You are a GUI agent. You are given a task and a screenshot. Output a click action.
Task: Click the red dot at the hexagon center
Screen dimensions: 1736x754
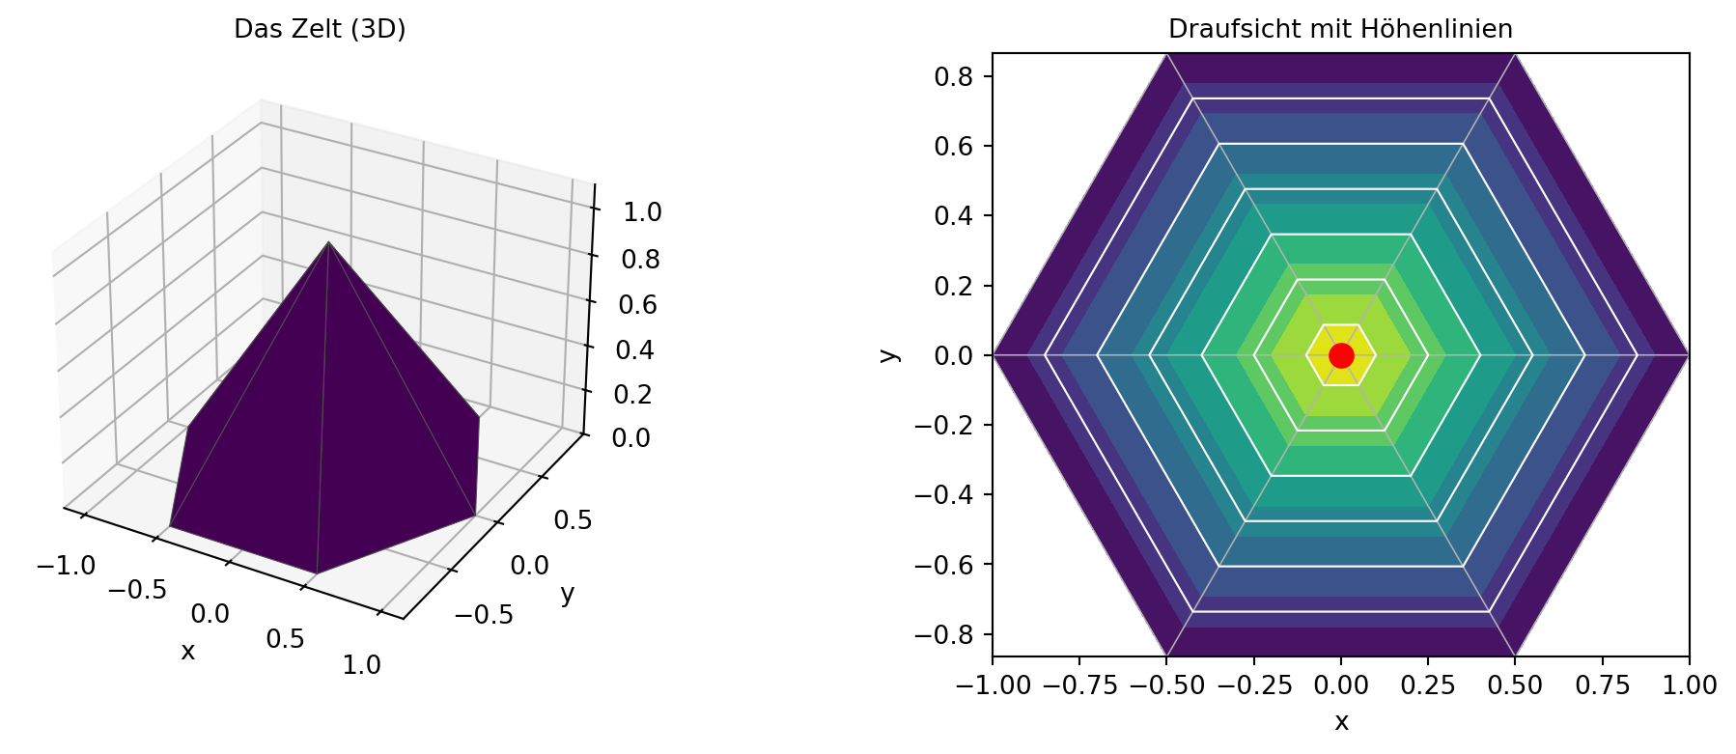[x=1341, y=355]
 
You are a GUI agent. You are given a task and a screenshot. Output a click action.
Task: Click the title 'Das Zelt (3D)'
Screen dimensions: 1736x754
[x=320, y=30]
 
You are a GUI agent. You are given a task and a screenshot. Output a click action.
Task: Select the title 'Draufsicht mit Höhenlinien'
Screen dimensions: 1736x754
[x=1340, y=30]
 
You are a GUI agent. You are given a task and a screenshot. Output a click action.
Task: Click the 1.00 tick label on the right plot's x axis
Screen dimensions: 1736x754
[x=1689, y=685]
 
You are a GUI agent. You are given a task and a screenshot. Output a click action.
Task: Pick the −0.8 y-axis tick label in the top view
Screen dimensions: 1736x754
[x=947, y=634]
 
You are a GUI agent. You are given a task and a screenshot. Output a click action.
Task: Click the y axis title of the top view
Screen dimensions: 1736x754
[x=889, y=354]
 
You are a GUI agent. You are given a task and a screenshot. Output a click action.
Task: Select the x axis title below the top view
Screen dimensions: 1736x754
[x=1341, y=722]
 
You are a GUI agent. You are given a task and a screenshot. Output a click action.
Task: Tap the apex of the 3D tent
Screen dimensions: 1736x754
[x=329, y=241]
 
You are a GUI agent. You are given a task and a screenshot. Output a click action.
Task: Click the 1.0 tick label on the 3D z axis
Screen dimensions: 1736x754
[x=642, y=212]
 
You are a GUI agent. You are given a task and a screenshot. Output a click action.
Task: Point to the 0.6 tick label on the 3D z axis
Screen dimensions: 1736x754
[x=637, y=305]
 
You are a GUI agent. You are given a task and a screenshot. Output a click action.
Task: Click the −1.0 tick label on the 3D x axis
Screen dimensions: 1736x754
[x=66, y=565]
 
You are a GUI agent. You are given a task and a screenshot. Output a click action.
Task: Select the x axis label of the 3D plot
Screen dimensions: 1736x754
[x=188, y=652]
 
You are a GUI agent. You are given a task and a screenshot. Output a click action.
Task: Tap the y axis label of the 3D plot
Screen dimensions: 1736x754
[x=568, y=594]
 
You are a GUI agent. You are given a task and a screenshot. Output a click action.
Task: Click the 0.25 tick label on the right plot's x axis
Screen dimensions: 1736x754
[x=1428, y=685]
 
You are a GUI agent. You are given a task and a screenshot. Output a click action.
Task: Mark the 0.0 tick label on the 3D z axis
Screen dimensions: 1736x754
[x=631, y=438]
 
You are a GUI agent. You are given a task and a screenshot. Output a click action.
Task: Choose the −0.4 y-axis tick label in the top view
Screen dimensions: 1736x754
[x=947, y=495]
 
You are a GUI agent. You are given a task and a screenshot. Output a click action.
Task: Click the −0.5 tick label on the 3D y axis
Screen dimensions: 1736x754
[x=483, y=614]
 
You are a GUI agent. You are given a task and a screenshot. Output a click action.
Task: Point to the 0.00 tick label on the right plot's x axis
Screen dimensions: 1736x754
[x=1341, y=685]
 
